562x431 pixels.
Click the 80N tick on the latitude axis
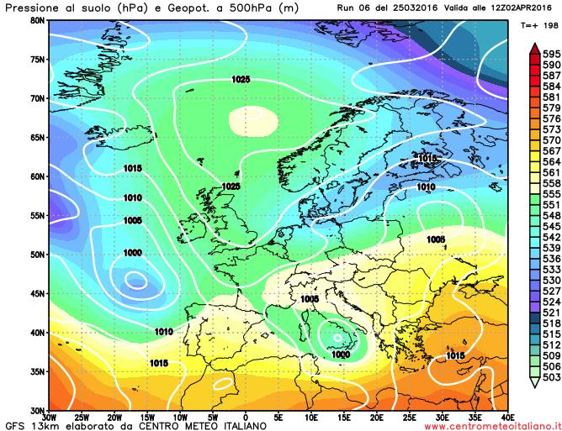pyautogui.click(x=38, y=19)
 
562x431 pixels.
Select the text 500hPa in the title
pyautogui.click(x=203, y=7)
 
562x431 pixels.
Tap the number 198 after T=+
pyautogui.click(x=550, y=26)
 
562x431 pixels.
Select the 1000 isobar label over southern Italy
pyautogui.click(x=341, y=355)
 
